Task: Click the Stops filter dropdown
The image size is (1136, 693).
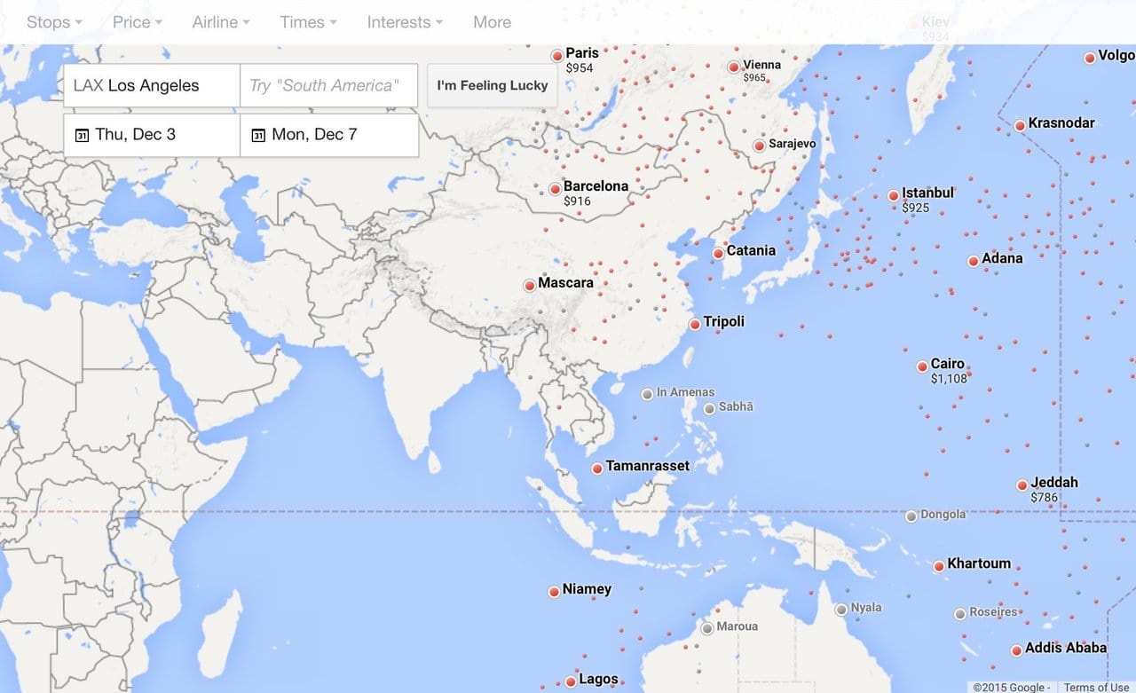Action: [54, 22]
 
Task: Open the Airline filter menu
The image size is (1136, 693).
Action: [220, 22]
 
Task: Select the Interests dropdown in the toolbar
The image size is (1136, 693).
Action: [405, 22]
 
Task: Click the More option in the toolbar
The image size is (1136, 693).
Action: [492, 22]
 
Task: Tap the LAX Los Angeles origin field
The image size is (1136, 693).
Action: [151, 86]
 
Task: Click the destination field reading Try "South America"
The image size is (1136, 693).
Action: [328, 86]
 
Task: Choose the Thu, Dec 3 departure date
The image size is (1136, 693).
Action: [151, 135]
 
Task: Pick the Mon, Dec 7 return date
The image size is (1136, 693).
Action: [328, 135]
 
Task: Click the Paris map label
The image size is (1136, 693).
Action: [582, 53]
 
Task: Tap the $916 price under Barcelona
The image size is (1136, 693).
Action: [577, 201]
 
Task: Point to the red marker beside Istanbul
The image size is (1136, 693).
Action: [894, 196]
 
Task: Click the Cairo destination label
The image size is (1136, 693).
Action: [947, 364]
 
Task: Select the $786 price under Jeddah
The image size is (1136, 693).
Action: [1044, 498]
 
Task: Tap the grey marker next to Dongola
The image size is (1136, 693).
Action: [911, 516]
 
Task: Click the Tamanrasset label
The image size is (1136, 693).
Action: [647, 466]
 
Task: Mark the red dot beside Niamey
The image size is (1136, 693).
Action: [555, 591]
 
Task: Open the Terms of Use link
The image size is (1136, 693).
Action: [1096, 687]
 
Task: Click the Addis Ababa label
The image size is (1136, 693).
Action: [1065, 648]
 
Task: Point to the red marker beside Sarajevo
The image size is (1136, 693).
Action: [760, 146]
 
